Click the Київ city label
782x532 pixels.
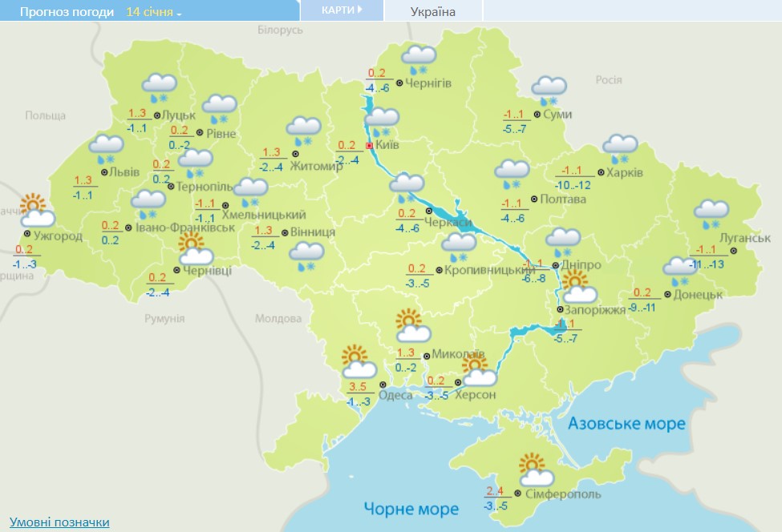(x=387, y=146)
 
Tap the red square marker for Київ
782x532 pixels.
(x=369, y=146)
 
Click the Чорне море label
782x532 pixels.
(x=411, y=509)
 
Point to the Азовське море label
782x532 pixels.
(x=627, y=423)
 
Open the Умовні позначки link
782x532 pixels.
(x=59, y=522)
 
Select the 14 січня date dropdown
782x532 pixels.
(x=154, y=13)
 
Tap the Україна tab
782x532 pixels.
(x=432, y=12)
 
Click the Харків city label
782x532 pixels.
(x=625, y=172)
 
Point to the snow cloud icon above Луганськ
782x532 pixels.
(x=711, y=211)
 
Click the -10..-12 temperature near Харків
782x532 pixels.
(x=573, y=185)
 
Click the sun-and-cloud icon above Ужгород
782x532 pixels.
(x=35, y=211)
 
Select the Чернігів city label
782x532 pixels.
(x=428, y=83)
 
